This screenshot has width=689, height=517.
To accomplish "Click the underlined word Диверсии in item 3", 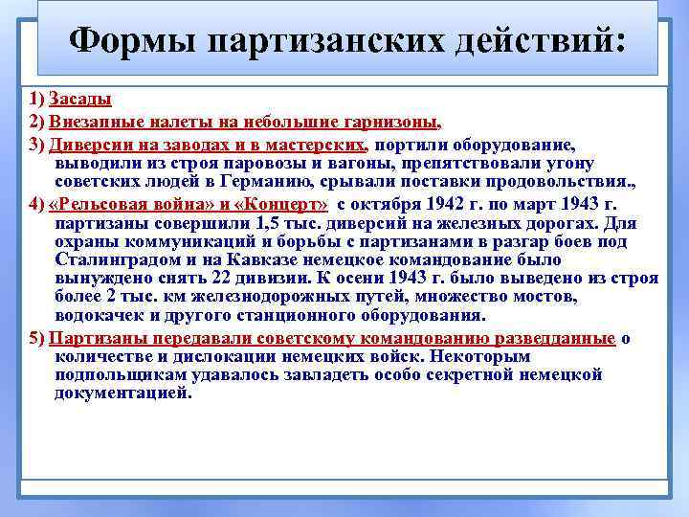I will coord(89,145).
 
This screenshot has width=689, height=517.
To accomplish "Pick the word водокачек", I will coord(99,315).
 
